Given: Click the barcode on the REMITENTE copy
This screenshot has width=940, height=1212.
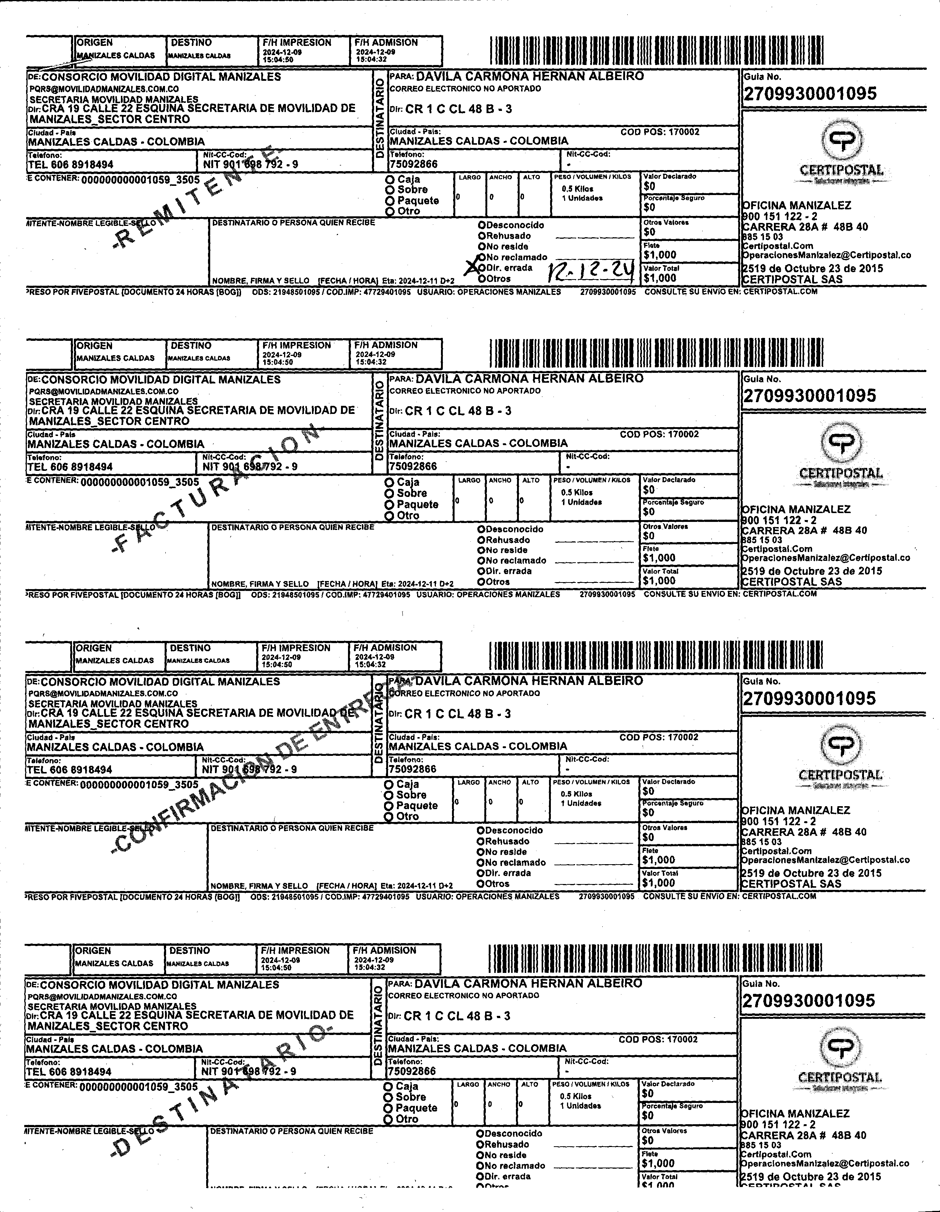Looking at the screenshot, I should click(x=656, y=51).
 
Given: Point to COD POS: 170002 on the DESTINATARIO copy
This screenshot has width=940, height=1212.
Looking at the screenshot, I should click(x=658, y=1039).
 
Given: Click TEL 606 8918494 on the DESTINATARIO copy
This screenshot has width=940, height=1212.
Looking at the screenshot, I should click(x=69, y=1072).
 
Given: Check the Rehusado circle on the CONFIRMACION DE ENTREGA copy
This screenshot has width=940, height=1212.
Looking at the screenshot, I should click(x=480, y=841).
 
